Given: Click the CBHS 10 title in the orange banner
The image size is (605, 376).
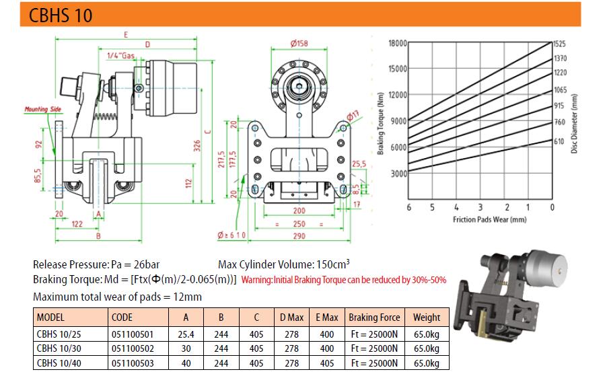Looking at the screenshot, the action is [61, 15].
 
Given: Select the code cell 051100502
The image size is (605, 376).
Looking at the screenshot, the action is [133, 348].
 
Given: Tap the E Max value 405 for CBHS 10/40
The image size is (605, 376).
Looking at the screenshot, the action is [327, 363].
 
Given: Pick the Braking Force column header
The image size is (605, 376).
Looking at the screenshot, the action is [374, 317].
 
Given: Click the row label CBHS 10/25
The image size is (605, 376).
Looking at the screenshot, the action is [59, 334].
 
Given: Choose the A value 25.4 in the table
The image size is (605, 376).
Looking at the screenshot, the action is [186, 334].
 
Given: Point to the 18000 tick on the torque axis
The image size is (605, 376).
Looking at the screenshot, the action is [398, 43].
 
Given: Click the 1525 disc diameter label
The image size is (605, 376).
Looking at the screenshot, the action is [560, 44].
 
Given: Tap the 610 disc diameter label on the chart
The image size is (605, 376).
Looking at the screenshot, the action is [559, 141].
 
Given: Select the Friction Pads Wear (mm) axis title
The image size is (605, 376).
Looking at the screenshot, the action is [490, 219].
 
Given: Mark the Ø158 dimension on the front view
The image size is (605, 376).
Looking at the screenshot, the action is [299, 43].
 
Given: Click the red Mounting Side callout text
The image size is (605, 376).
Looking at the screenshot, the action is [43, 109].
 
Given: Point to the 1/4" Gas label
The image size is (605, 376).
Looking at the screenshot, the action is [120, 56].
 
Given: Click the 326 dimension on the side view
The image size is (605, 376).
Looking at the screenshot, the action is [197, 146].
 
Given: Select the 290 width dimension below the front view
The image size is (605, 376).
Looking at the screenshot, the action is [299, 235].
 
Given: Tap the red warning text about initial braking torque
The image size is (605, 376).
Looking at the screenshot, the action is [344, 280].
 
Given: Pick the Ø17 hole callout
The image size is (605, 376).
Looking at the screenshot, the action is [352, 115].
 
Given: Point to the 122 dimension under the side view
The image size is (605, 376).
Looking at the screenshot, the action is [77, 224].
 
